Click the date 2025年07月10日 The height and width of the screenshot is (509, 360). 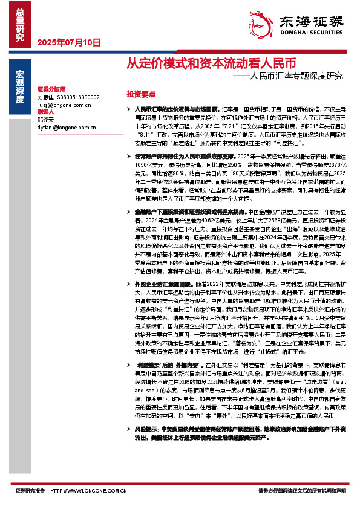click(x=68, y=42)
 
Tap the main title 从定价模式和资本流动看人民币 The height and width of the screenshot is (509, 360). click(x=211, y=63)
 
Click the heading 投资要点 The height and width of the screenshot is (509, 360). click(x=141, y=95)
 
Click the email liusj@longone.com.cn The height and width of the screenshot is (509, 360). click(x=64, y=105)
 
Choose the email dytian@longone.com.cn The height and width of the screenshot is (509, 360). click(x=66, y=128)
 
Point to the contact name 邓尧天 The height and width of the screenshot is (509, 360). click(x=45, y=120)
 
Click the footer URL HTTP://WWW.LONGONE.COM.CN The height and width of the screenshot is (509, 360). click(x=88, y=491)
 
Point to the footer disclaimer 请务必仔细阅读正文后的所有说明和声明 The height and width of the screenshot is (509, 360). click(x=303, y=491)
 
